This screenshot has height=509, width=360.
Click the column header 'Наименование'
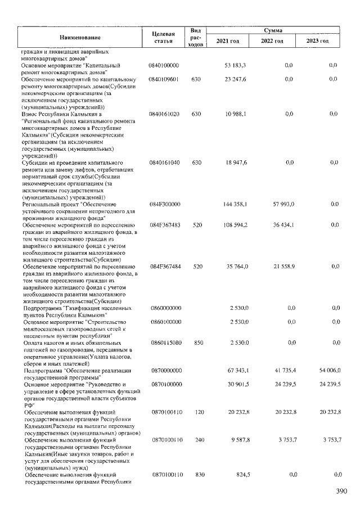[x=80, y=37]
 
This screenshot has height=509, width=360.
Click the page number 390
[x=341, y=491]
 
